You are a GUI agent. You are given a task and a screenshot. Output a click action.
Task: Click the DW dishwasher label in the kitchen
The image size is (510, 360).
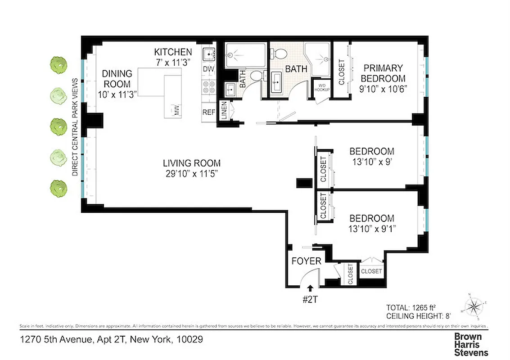point(208,69)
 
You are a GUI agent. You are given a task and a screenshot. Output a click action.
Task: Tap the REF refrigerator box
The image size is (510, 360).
point(208,112)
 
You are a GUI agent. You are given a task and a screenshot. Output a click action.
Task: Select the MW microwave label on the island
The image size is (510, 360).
point(177,111)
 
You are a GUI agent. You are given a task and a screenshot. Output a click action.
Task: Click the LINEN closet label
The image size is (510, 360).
point(224,111)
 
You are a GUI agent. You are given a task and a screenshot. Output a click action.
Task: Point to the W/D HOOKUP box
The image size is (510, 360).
point(322,88)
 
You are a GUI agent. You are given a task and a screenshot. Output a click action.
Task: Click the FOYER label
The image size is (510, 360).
point(306,261)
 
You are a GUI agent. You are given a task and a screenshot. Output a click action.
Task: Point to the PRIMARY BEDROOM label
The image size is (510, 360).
point(383,73)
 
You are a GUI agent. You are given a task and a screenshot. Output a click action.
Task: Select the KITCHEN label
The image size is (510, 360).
point(173,52)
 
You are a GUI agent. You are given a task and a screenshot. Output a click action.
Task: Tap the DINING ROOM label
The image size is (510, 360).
point(117,79)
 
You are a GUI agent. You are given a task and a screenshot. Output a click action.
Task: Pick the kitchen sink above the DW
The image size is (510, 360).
point(209,55)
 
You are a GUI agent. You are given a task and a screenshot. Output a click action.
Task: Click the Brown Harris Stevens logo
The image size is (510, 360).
point(471,344)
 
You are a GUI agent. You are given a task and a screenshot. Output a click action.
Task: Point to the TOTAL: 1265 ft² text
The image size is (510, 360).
point(409,308)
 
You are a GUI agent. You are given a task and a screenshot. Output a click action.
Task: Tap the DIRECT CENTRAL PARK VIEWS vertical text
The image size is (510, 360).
point(75,127)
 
